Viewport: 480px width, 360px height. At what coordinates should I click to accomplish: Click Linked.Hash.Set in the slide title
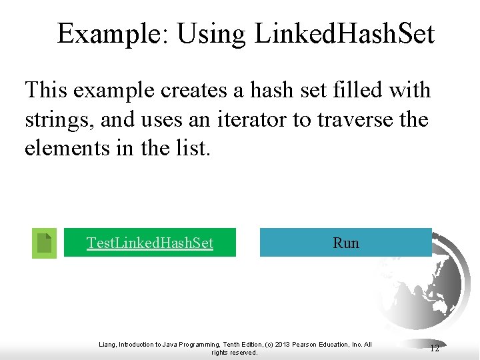click(x=344, y=33)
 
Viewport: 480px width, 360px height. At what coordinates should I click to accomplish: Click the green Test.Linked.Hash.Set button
click(x=150, y=243)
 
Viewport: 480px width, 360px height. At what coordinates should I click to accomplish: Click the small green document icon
click(x=44, y=243)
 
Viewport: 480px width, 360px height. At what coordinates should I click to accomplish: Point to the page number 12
click(x=435, y=348)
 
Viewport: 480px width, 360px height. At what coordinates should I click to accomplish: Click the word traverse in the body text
click(x=359, y=120)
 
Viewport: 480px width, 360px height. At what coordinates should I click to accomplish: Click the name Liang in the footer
click(x=107, y=345)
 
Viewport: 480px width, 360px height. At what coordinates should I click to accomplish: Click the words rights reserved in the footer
click(x=234, y=353)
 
